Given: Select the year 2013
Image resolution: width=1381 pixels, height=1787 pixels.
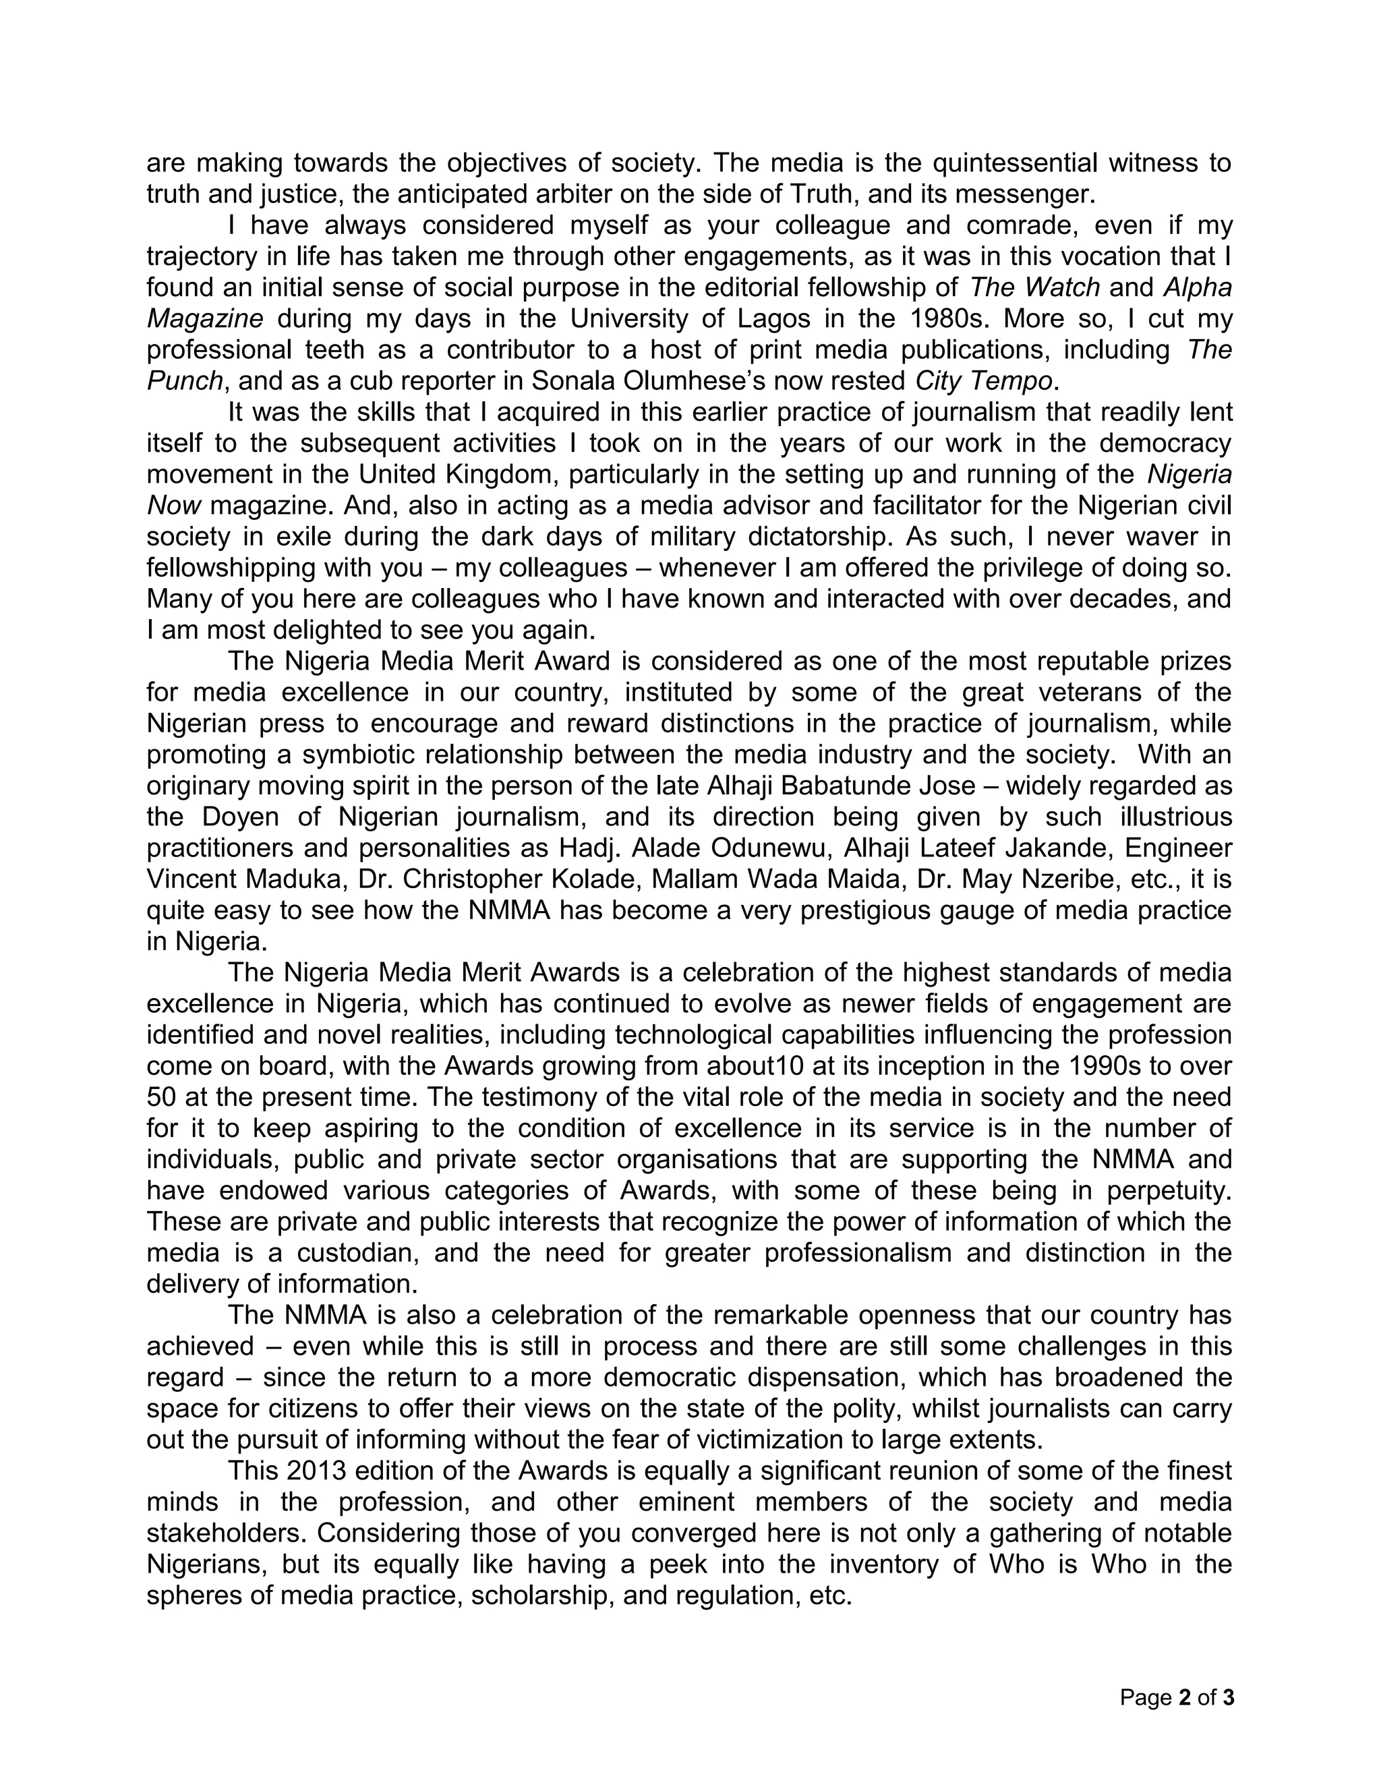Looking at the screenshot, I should (x=315, y=1470).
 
